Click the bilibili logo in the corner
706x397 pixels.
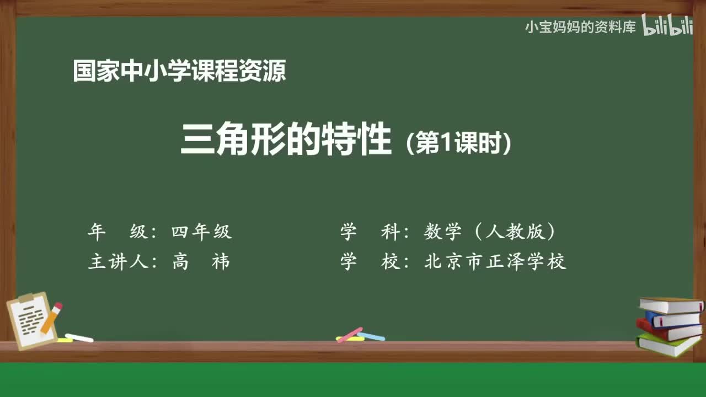click(x=667, y=26)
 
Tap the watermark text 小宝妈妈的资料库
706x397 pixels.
click(x=580, y=27)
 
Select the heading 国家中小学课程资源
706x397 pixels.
click(x=179, y=71)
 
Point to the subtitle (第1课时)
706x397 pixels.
click(x=458, y=144)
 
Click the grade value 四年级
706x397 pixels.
click(x=202, y=232)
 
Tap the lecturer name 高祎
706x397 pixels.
click(x=201, y=261)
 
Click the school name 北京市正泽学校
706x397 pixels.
click(x=495, y=261)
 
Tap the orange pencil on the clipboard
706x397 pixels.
click(x=51, y=318)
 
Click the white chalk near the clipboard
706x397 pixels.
click(x=79, y=337)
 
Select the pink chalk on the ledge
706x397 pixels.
click(x=349, y=335)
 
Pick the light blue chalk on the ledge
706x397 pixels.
click(x=371, y=336)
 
